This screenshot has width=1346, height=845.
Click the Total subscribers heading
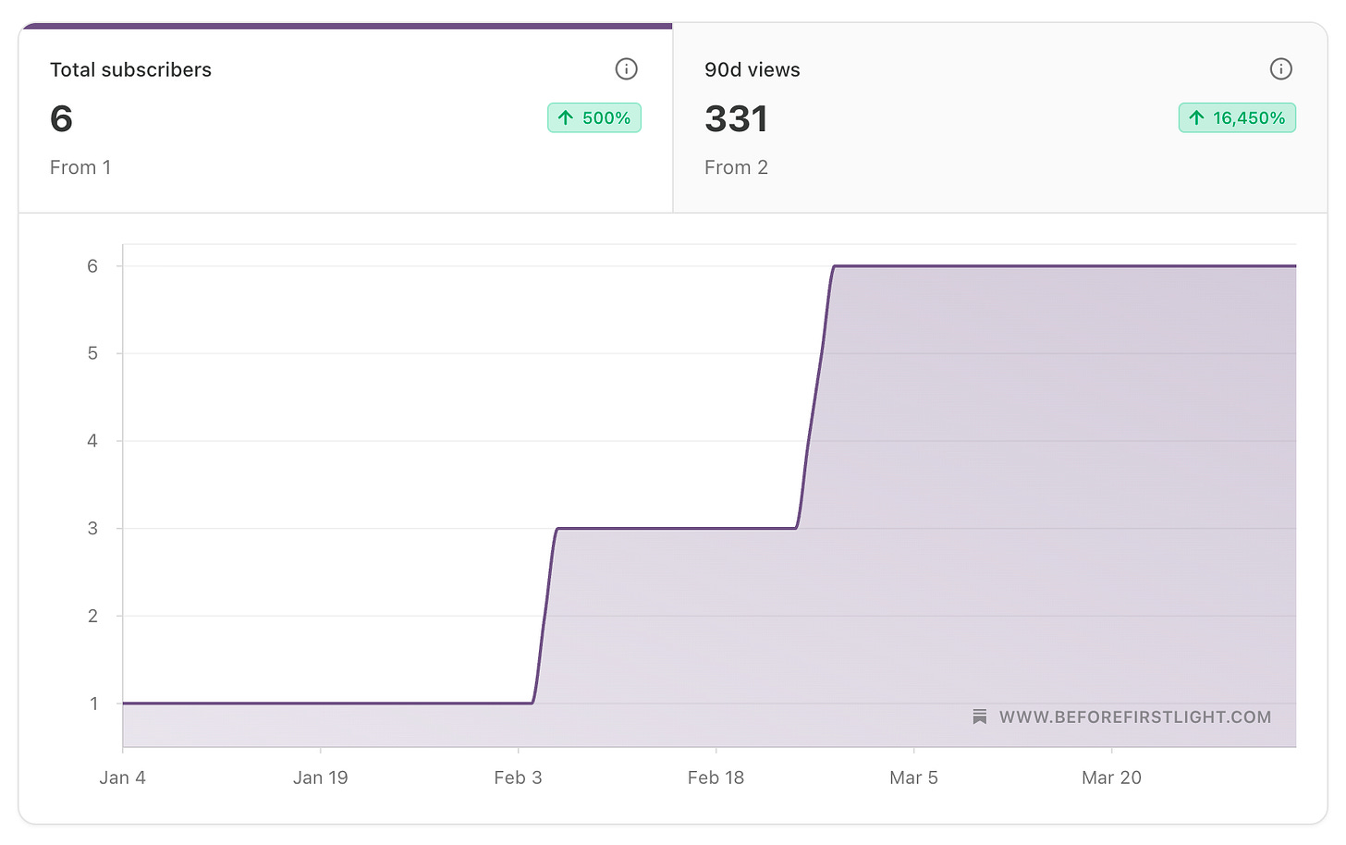tap(130, 70)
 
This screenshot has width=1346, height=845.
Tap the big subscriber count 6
tap(61, 119)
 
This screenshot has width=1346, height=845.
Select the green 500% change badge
tap(594, 118)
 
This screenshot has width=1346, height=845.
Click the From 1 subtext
tap(80, 167)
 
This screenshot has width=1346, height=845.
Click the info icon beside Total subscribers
tap(626, 69)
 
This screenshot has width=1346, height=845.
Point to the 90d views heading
tap(752, 70)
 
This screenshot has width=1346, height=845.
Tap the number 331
tap(736, 119)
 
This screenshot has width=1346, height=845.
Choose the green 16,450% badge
tap(1237, 118)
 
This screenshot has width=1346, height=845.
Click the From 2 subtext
tap(736, 167)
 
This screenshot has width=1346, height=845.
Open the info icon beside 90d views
tap(1280, 69)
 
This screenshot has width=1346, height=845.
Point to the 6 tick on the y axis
tap(92, 266)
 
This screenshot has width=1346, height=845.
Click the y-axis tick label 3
tap(92, 529)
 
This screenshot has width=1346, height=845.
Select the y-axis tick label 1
tap(93, 704)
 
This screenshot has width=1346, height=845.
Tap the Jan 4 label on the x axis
tap(122, 778)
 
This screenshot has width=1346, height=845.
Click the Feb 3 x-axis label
tap(518, 778)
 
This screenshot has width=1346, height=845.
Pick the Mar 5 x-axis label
tap(913, 778)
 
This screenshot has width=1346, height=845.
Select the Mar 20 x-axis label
tap(1111, 778)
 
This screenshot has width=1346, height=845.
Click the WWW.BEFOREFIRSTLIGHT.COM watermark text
tap(1134, 717)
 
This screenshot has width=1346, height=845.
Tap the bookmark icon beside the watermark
tap(980, 717)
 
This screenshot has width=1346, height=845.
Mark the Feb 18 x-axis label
tap(716, 778)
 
